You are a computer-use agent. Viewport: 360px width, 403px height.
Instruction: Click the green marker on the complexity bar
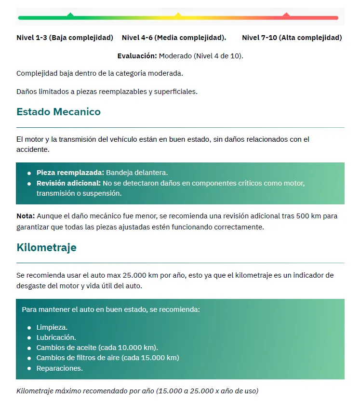tap(70, 15)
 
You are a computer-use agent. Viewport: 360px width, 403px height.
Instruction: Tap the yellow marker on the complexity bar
tap(178, 15)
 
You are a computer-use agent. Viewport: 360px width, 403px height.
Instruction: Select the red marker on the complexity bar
tap(286, 15)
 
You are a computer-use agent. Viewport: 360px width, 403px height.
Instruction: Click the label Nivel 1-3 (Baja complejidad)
tap(65, 38)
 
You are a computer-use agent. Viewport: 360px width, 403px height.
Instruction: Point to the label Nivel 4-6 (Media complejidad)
tap(174, 38)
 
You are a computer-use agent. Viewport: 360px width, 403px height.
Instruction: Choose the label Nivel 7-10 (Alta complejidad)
tap(292, 38)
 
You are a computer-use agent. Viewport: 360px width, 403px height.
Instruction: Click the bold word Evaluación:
tap(137, 56)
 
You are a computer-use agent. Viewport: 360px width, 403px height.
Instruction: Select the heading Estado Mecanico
tap(58, 112)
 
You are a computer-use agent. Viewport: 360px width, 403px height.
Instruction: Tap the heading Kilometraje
tap(46, 247)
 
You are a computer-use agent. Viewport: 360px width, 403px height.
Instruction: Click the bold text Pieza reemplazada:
tap(70, 173)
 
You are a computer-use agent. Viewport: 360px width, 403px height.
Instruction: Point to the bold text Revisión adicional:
tap(68, 183)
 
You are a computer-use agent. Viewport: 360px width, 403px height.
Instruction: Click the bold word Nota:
tap(26, 216)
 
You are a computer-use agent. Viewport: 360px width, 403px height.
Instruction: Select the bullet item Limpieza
tap(52, 327)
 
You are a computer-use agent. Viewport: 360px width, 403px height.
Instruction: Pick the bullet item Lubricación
tap(56, 337)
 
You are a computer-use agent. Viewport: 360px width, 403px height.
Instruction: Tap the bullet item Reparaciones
tap(59, 368)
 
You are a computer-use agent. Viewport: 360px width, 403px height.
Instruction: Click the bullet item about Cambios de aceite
tap(97, 348)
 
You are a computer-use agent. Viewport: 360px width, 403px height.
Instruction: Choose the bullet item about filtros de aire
tap(107, 358)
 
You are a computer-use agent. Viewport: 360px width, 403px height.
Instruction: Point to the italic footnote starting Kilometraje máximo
tap(137, 390)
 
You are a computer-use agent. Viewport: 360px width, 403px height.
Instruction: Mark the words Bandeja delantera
tap(137, 173)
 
